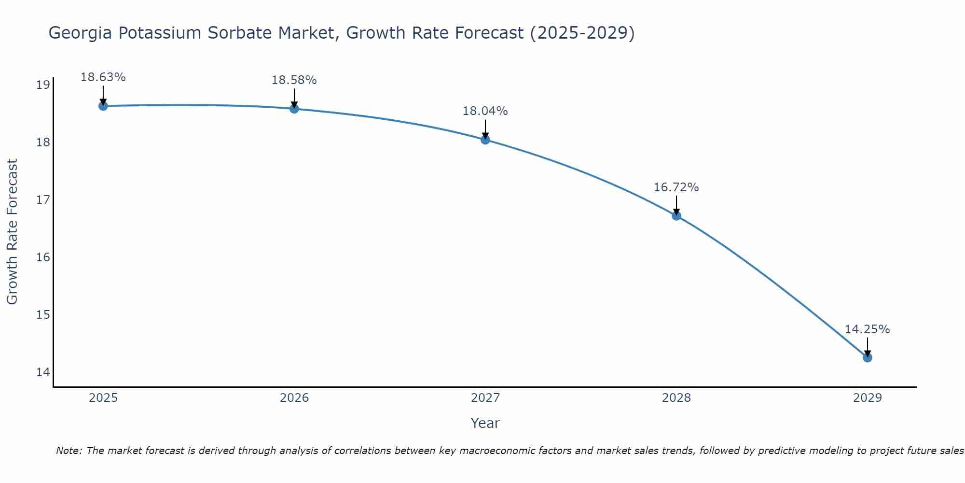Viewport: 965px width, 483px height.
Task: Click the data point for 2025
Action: coord(103,106)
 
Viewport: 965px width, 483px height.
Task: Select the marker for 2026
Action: coord(294,109)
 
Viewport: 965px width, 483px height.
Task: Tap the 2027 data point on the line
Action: coord(485,140)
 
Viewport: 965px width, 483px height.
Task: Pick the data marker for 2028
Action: coord(676,215)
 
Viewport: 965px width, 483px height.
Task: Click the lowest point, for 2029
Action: coord(867,357)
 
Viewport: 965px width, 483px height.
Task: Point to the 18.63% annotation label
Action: coord(103,77)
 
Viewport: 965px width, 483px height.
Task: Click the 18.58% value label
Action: coord(294,80)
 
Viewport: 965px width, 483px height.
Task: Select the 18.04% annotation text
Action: coord(485,111)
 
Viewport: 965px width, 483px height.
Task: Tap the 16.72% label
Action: coord(676,187)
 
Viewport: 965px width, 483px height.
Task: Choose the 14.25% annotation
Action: coord(867,329)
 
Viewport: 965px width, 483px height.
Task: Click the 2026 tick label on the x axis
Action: coord(294,398)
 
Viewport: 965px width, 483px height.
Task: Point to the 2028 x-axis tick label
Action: coord(676,398)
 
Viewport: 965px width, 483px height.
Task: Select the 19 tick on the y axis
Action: coord(43,85)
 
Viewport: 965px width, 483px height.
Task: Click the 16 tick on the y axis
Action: coord(43,257)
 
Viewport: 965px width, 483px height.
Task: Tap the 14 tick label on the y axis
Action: coord(43,372)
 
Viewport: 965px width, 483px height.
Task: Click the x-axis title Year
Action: coord(485,423)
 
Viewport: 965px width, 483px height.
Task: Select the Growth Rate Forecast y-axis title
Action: coord(13,231)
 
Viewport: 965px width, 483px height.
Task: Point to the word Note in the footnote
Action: coord(69,451)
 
